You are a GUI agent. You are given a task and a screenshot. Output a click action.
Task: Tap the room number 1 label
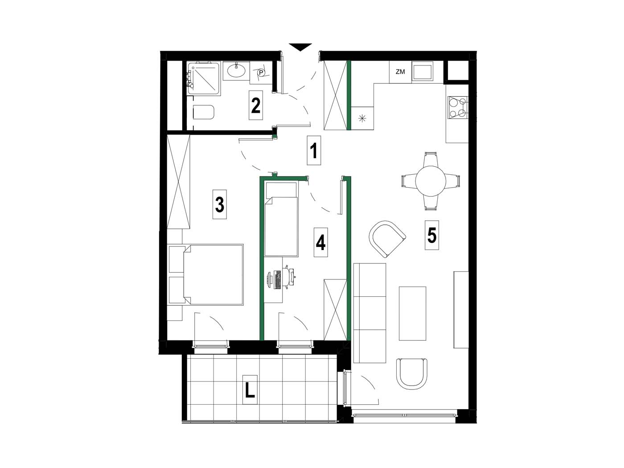pyautogui.click(x=314, y=151)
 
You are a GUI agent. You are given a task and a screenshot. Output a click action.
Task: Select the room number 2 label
pyautogui.click(x=255, y=105)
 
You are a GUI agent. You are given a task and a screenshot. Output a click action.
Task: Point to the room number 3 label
pyautogui.click(x=220, y=205)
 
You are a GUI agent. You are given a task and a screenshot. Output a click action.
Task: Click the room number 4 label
pyautogui.click(x=320, y=242)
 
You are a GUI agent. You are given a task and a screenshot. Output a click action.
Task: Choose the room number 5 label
pyautogui.click(x=432, y=235)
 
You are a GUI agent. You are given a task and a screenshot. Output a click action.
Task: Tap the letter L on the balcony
pyautogui.click(x=250, y=390)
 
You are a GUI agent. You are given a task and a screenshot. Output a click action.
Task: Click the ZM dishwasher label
pyautogui.click(x=400, y=72)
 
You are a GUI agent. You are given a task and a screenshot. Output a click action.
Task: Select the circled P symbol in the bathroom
pyautogui.click(x=261, y=73)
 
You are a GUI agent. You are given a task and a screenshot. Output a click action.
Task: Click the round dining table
pyautogui.click(x=431, y=181)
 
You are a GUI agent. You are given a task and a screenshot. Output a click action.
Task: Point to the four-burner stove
pyautogui.click(x=457, y=107)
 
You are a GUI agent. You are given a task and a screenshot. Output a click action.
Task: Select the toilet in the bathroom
pyautogui.click(x=203, y=112)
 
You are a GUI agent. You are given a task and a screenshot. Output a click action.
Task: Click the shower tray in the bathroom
pyautogui.click(x=204, y=79)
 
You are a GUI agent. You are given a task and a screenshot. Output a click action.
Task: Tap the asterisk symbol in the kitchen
pyautogui.click(x=362, y=119)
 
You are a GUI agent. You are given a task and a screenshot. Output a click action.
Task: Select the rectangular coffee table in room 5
pyautogui.click(x=412, y=313)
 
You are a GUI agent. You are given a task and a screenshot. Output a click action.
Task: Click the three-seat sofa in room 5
pyautogui.click(x=369, y=313)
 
